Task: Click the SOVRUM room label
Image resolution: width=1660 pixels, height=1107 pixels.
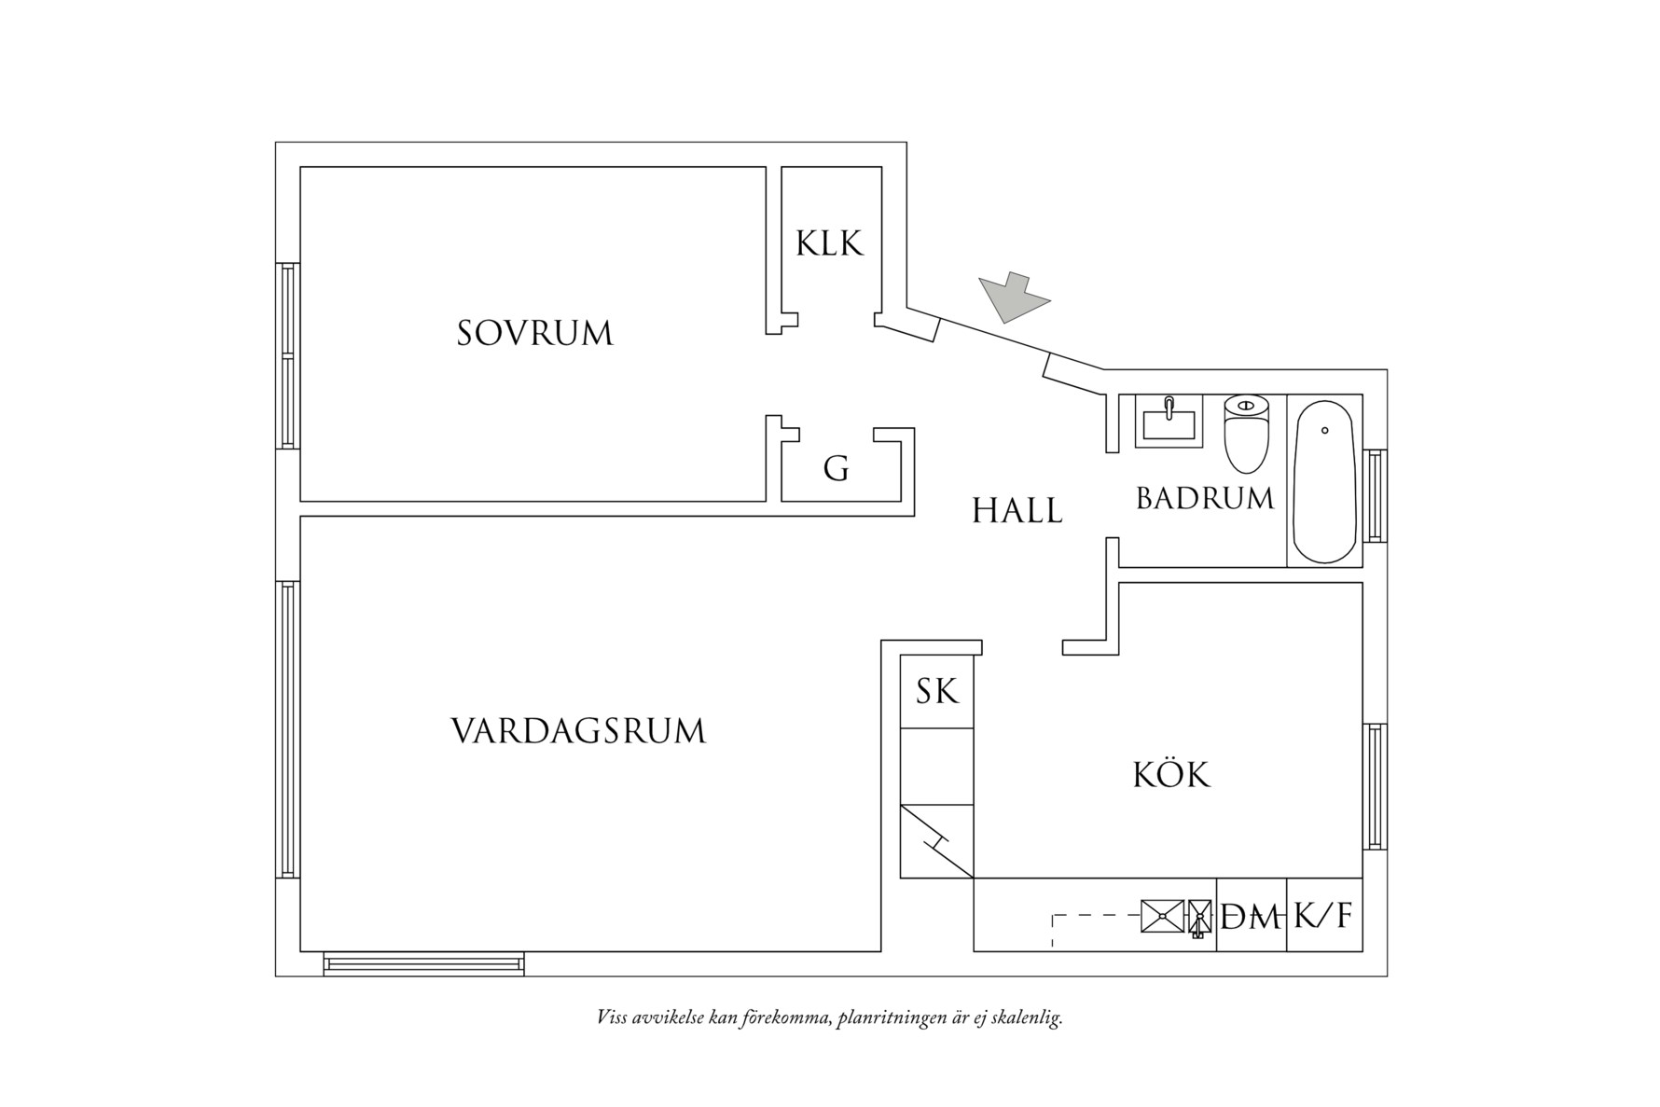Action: pyautogui.click(x=534, y=333)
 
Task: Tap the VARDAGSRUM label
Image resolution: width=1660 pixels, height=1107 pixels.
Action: pyautogui.click(x=578, y=731)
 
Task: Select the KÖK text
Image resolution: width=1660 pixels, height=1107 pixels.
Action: pyautogui.click(x=1171, y=774)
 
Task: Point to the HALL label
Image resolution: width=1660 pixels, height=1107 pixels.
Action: pyautogui.click(x=1017, y=511)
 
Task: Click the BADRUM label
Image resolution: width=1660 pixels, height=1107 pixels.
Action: pyautogui.click(x=1205, y=499)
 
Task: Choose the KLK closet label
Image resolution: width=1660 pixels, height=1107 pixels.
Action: pyautogui.click(x=830, y=243)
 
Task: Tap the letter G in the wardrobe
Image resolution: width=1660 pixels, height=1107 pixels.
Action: pyautogui.click(x=837, y=468)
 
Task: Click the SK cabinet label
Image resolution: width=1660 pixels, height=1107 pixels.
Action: pyautogui.click(x=936, y=692)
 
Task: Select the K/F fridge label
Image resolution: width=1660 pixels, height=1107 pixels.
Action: pyautogui.click(x=1323, y=917)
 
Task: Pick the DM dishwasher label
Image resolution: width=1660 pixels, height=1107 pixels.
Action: pyautogui.click(x=1251, y=919)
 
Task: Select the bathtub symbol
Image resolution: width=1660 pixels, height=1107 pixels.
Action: pyautogui.click(x=1324, y=481)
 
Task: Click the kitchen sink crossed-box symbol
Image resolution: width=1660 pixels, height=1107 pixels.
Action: pyautogui.click(x=1163, y=917)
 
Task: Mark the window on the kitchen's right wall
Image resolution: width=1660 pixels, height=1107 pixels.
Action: pyautogui.click(x=1375, y=785)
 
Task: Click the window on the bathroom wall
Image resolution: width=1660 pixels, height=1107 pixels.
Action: pyautogui.click(x=1375, y=495)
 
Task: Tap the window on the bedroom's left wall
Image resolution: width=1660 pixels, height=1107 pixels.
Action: pyautogui.click(x=288, y=355)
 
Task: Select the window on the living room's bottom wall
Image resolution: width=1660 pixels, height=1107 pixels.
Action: pyautogui.click(x=423, y=962)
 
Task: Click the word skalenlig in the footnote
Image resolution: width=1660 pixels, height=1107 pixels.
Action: pyautogui.click(x=1030, y=1017)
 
